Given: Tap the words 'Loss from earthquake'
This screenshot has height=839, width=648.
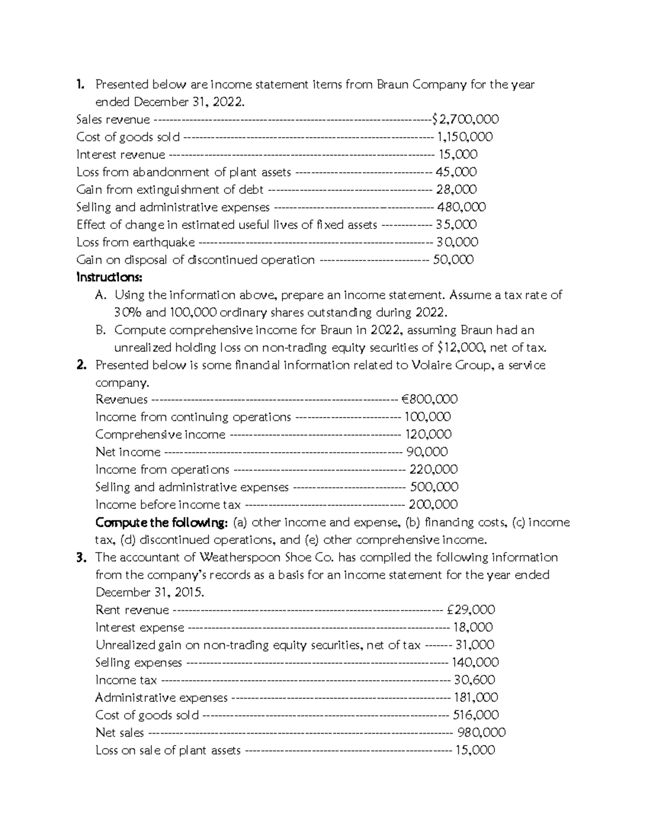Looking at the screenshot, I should [136, 242].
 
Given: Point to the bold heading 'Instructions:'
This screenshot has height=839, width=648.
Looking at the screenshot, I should [110, 278].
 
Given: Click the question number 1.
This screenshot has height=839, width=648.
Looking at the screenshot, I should [80, 84].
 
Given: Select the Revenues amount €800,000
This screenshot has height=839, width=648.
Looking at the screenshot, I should [429, 399].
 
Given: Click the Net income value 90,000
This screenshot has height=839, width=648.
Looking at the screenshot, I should [427, 452].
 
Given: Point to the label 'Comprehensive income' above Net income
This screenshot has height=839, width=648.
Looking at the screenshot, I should [160, 435].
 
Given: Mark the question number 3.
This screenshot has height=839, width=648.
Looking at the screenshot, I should [82, 558].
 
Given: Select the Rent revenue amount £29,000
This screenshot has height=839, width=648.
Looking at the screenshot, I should [471, 610].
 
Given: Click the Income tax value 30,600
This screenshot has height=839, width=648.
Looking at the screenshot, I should [474, 680].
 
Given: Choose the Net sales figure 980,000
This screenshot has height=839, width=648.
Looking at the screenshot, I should [481, 733].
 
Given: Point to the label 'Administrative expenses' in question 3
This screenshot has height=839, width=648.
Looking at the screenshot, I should [161, 697].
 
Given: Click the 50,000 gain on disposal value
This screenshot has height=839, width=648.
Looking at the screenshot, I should [453, 260].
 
